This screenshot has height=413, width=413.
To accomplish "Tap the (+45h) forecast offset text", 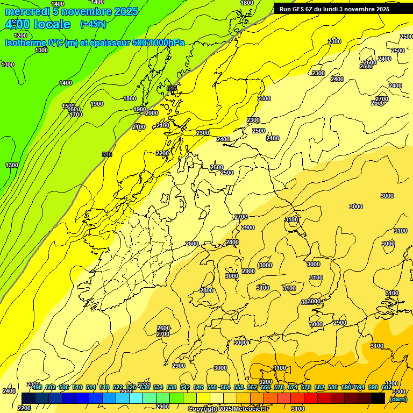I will tap(93, 24).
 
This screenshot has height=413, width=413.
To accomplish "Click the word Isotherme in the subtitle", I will tap(26, 43).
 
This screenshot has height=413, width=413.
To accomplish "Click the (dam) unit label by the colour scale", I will tap(398, 398).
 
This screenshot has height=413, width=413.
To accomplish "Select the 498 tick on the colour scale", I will tap(37, 387).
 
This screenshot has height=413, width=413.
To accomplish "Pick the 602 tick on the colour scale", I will tap(387, 387).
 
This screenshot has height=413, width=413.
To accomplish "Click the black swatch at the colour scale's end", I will tap(378, 398).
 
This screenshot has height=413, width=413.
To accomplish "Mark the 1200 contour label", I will tap(20, 35).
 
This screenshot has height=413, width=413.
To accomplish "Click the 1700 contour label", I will tap(76, 115).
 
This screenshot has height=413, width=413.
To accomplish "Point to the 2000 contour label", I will tap(152, 113).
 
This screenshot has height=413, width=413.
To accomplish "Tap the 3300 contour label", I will tap(398, 391).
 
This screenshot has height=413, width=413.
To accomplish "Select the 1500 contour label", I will tap(68, 106).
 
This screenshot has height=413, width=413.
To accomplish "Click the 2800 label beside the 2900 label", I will tap(232, 243).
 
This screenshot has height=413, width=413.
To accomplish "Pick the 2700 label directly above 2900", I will tap(241, 217).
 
